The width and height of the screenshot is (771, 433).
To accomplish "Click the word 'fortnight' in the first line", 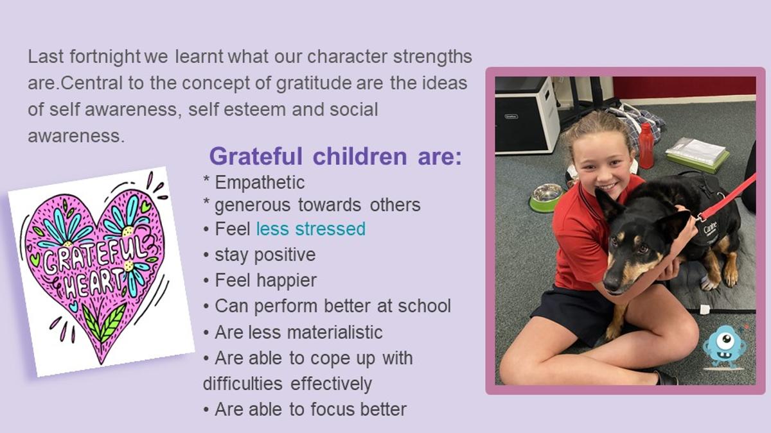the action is point(105,57).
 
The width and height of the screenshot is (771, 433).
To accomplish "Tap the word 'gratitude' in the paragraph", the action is point(314,83).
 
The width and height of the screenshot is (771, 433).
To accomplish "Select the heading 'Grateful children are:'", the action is point(335,157).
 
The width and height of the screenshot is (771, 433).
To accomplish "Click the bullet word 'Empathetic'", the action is point(260,183).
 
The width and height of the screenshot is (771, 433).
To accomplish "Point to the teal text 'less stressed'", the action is point(310,229).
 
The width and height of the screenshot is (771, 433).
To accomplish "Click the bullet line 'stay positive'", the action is point(265,255).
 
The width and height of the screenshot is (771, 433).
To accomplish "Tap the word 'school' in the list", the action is point(424,306).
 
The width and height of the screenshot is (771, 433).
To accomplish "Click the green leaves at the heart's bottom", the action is point(104,322).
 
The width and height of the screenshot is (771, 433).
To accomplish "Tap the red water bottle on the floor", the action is point(646,146).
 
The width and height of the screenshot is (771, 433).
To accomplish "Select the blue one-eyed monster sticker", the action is point(725,347).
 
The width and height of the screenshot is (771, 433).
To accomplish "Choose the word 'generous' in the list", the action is point(253,206).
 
